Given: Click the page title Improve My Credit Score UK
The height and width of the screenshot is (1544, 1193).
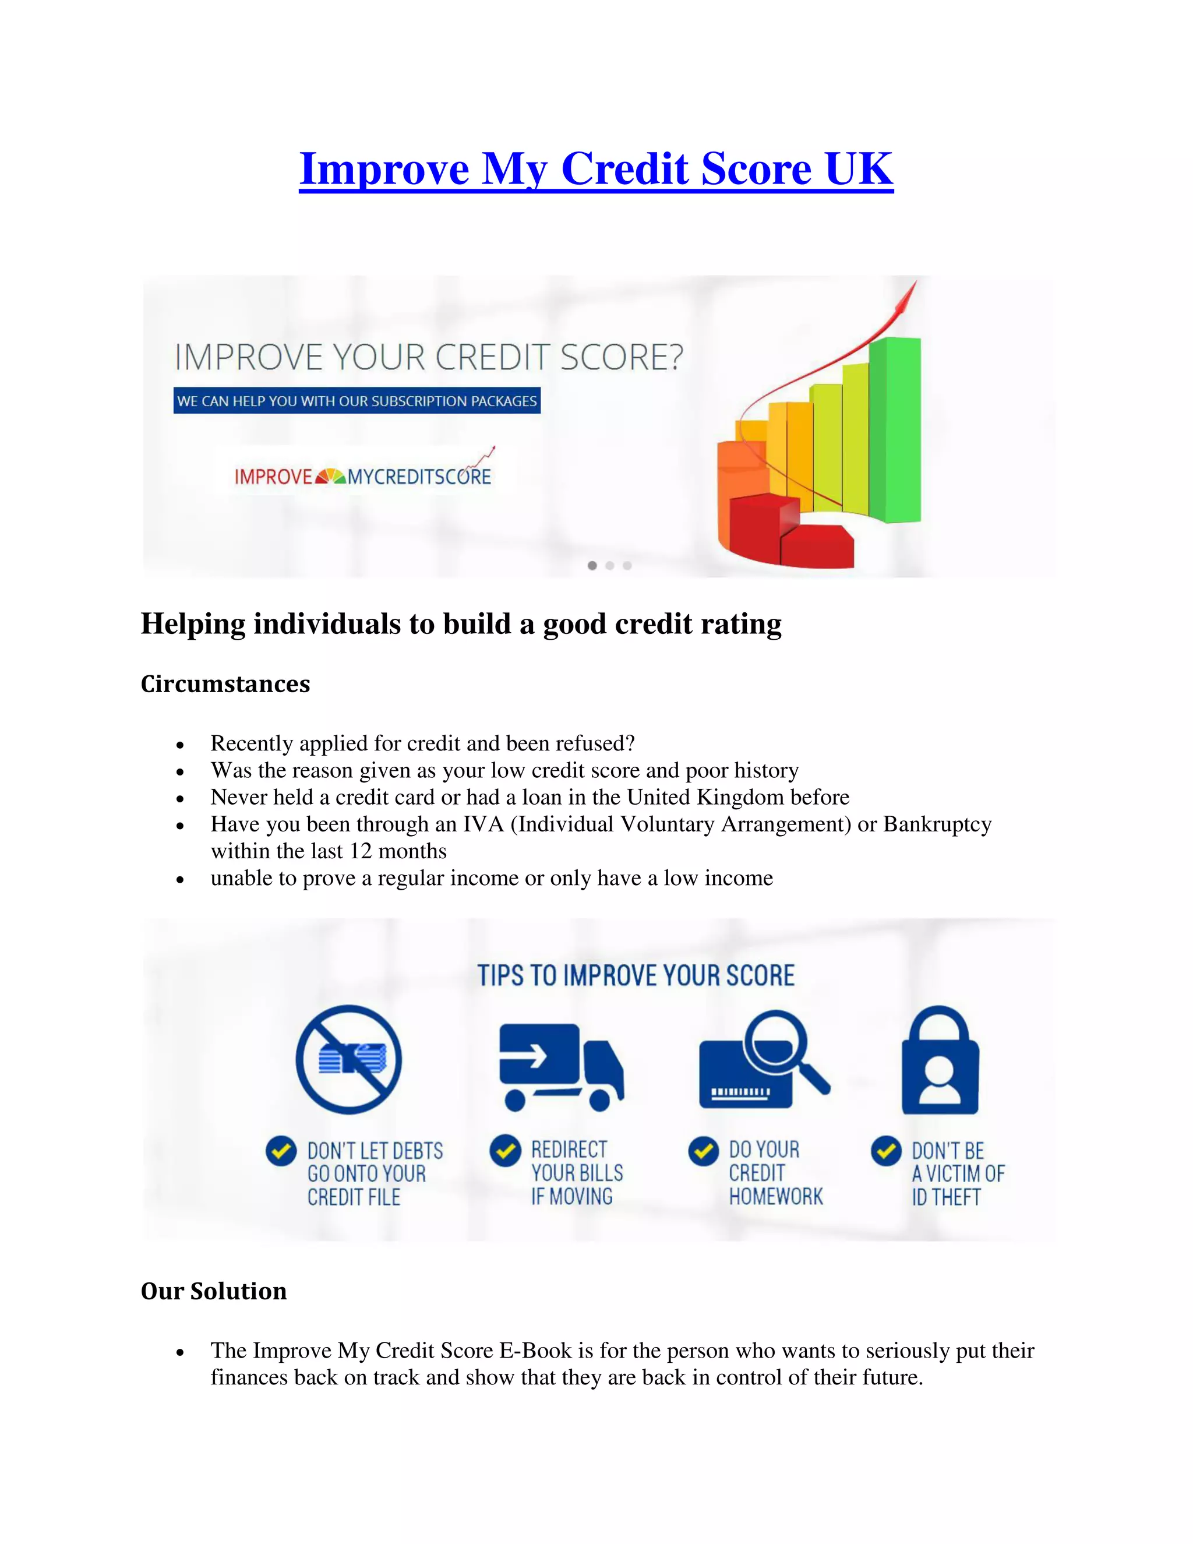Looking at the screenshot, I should (x=596, y=170).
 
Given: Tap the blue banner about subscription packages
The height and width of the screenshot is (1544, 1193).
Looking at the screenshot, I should (x=357, y=401).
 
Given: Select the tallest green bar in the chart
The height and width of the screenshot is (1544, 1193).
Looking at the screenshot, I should (x=895, y=430).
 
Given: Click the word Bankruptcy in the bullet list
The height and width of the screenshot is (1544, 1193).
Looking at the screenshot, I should (x=937, y=824).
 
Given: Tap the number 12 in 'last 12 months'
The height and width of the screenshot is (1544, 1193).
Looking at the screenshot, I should (x=361, y=851).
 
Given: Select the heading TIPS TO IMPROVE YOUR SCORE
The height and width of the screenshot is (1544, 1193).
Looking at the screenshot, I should (x=636, y=975).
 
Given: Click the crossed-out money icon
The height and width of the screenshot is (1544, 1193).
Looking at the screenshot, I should (x=348, y=1060).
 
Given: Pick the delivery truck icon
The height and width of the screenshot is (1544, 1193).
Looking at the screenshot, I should (x=560, y=1067).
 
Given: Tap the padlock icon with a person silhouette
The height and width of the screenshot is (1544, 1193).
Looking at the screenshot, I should (x=940, y=1062).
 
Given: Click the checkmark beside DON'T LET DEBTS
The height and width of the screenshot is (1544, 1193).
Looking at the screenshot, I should (x=281, y=1151).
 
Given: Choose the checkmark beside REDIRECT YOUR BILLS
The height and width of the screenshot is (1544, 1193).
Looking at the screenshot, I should (x=504, y=1150).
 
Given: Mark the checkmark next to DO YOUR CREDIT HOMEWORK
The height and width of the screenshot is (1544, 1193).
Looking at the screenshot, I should (x=703, y=1151).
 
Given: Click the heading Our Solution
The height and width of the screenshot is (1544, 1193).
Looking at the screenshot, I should (x=213, y=1291).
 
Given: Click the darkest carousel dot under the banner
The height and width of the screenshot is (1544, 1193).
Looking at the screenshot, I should (x=592, y=566).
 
